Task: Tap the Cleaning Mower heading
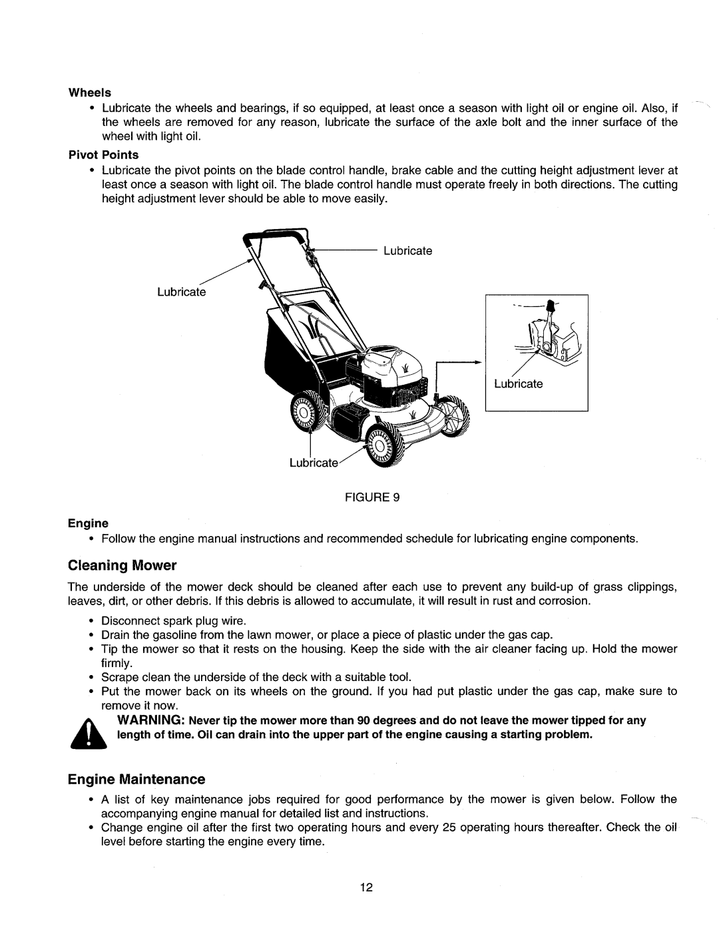(122, 566)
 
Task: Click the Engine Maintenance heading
(136, 779)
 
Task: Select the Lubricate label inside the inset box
(518, 384)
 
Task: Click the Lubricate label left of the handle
(182, 292)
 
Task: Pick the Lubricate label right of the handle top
(407, 251)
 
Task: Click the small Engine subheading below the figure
(91, 523)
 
